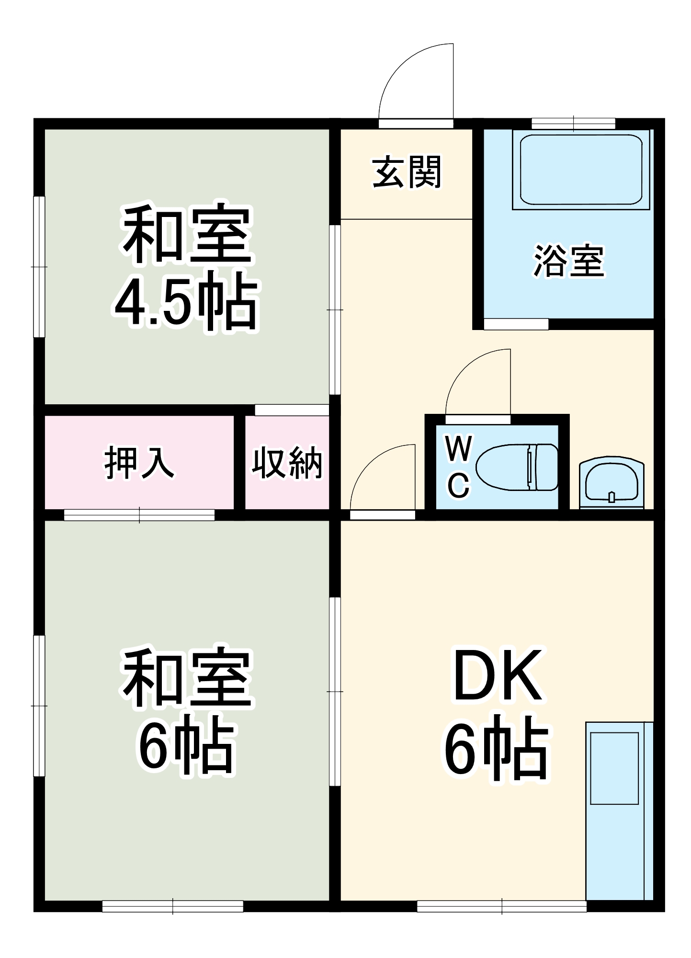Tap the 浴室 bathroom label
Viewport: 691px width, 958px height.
(568, 261)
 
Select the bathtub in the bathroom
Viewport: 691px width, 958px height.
(580, 170)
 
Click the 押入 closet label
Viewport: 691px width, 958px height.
(138, 463)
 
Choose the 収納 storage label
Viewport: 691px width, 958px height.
(287, 463)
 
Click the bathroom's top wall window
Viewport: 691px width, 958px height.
(573, 124)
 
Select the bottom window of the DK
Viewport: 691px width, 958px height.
(501, 906)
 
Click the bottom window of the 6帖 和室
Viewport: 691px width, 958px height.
(172, 906)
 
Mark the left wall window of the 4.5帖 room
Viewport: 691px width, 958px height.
(39, 266)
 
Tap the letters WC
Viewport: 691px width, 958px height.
(458, 467)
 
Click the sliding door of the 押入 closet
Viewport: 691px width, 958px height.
(139, 515)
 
